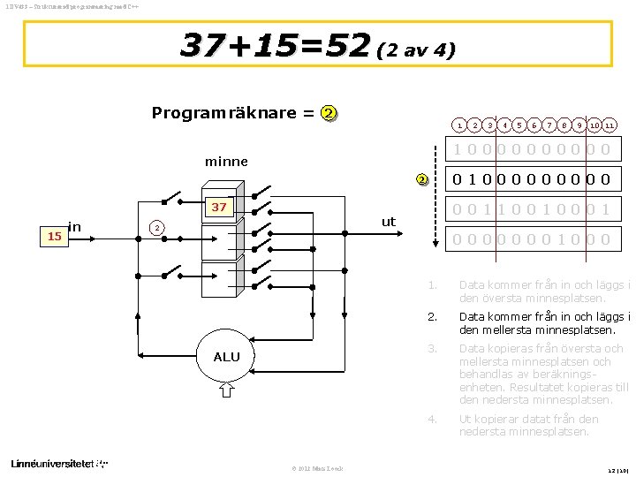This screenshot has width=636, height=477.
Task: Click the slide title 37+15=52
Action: (273, 45)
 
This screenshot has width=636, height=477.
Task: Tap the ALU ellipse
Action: (226, 357)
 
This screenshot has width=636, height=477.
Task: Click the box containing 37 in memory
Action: (217, 208)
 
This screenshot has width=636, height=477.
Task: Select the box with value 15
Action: (55, 237)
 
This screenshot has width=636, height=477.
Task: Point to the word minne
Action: (226, 163)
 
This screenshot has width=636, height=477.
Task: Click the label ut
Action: (389, 222)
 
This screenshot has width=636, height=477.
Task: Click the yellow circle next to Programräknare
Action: (329, 113)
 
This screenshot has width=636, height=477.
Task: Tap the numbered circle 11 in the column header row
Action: (610, 127)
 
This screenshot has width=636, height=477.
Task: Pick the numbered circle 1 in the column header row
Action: (459, 127)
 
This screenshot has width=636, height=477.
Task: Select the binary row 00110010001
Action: (532, 209)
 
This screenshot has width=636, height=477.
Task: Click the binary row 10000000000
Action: (532, 149)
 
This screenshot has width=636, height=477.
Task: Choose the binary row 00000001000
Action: (532, 239)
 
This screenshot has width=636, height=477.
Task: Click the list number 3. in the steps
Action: (433, 349)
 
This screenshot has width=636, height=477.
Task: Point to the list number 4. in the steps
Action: (433, 419)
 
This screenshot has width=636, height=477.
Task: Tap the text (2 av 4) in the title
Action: (415, 50)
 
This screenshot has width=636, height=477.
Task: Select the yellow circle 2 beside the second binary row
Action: (423, 180)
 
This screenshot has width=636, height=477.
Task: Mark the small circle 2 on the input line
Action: (155, 228)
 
